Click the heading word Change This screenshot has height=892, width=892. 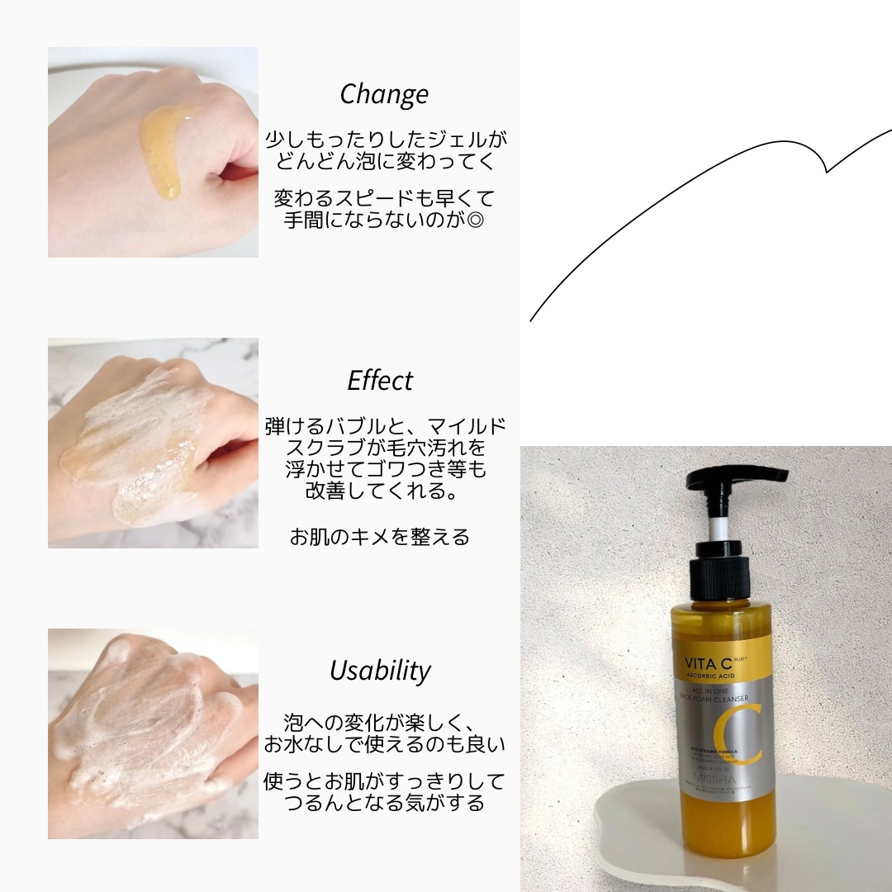point(384,93)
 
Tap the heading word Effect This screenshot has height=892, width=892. point(380,380)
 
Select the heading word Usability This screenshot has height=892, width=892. point(380,670)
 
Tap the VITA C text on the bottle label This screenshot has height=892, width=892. point(707,662)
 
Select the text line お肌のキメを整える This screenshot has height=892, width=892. point(380,537)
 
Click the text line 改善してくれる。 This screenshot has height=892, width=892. point(380,491)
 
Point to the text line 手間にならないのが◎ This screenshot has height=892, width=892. point(384,221)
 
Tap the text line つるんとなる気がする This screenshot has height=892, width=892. point(384,803)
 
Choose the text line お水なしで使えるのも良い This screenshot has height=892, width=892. point(384,744)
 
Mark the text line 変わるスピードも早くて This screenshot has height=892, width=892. point(384,199)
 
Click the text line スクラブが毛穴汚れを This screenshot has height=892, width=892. point(384,448)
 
